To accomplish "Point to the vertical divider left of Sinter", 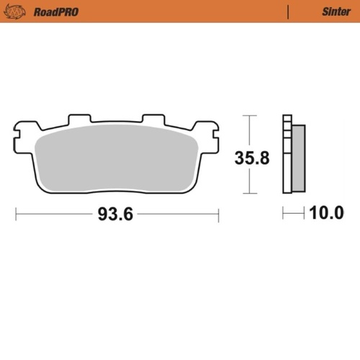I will click(288, 12).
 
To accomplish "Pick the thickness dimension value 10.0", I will click(325, 214).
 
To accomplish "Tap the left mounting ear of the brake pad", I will click(22, 132).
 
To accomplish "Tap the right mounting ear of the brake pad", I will click(210, 132).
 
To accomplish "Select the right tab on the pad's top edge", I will click(153, 119).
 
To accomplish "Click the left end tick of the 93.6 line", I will click(16, 214).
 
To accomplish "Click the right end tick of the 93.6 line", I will click(217, 214).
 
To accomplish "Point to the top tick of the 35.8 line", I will click(248, 115).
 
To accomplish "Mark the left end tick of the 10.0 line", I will click(284, 214).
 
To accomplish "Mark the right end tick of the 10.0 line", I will click(305, 214).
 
